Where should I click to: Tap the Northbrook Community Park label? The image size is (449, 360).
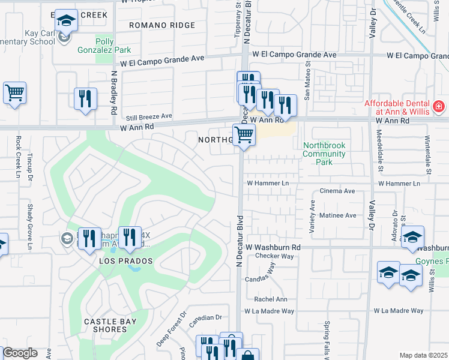click(325, 154)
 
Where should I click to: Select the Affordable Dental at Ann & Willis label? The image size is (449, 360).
click(399, 107)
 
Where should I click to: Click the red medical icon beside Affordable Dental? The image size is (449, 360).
click(439, 106)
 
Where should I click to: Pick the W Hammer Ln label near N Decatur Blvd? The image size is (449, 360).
click(268, 183)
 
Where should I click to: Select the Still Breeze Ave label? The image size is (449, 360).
click(148, 116)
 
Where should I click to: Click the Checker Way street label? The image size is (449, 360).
click(274, 256)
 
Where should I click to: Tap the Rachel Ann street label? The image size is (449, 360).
click(271, 299)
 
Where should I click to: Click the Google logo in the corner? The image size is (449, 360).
click(20, 353)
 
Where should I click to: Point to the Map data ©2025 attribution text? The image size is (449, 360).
click(423, 355)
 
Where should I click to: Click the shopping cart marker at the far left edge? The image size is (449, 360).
click(14, 93)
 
